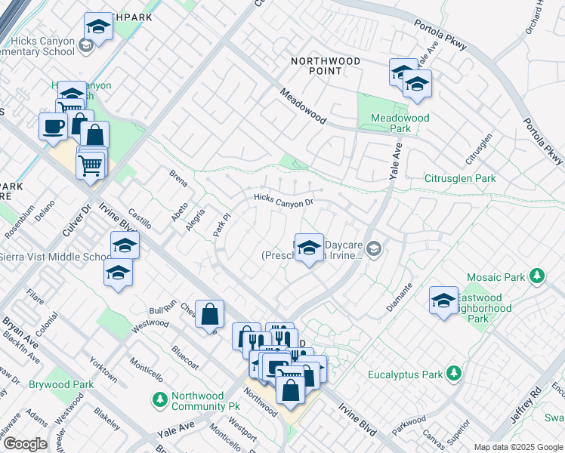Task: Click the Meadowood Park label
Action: pyautogui.click(x=400, y=123)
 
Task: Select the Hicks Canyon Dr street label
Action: pyautogui.click(x=283, y=201)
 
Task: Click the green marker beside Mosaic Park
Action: pyautogui.click(x=537, y=277)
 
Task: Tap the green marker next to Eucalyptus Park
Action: pyautogui.click(x=453, y=374)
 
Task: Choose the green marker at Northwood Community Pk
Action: pyautogui.click(x=159, y=399)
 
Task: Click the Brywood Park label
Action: pyautogui.click(x=61, y=384)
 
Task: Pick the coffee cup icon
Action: pyautogui.click(x=53, y=126)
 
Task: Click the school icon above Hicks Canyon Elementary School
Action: pyautogui.click(x=97, y=28)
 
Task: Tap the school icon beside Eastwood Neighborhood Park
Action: pyautogui.click(x=443, y=300)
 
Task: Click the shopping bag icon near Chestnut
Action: pyautogui.click(x=210, y=313)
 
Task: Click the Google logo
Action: pyautogui.click(x=24, y=444)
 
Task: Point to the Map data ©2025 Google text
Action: pyautogui.click(x=518, y=447)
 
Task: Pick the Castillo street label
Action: pyautogui.click(x=140, y=220)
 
